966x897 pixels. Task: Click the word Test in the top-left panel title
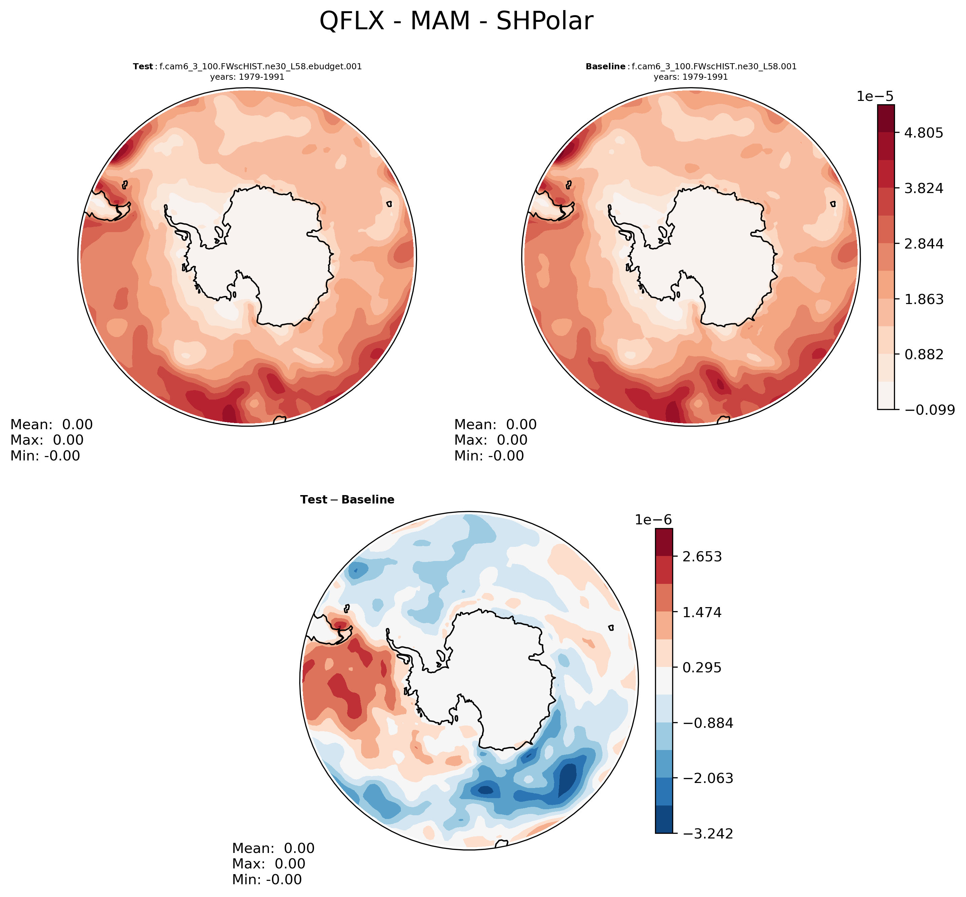tap(143, 67)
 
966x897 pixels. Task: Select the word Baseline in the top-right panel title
tap(605, 67)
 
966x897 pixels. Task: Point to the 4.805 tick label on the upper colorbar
tap(923, 133)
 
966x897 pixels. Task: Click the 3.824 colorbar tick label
tap(923, 188)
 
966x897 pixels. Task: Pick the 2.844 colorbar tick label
tap(923, 243)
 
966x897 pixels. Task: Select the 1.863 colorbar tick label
tap(923, 299)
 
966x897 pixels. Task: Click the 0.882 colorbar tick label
tap(923, 354)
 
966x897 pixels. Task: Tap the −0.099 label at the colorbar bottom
tap(929, 410)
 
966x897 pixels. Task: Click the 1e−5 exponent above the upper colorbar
tap(875, 96)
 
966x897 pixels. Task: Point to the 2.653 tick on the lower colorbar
tap(702, 556)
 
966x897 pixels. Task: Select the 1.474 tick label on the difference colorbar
tap(702, 612)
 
